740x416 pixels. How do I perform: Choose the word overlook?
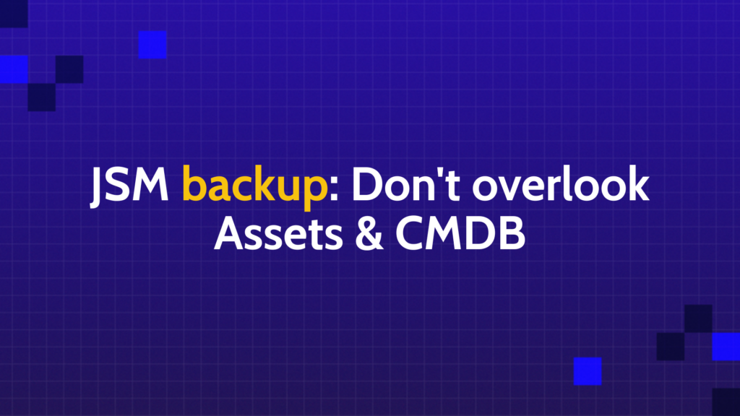click(x=561, y=184)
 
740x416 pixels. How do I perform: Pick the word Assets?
click(x=278, y=233)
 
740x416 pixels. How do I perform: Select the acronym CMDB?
click(x=460, y=233)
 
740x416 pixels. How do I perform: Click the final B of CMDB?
click(x=512, y=233)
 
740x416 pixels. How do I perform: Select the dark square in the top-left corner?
click(x=14, y=14)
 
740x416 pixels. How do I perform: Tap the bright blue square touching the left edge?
click(x=14, y=69)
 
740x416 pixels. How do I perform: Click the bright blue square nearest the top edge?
click(x=152, y=44)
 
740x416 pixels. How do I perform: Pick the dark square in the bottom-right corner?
click(x=726, y=402)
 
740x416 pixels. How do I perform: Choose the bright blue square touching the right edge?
click(x=726, y=347)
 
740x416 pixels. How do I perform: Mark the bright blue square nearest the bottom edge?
click(x=588, y=371)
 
